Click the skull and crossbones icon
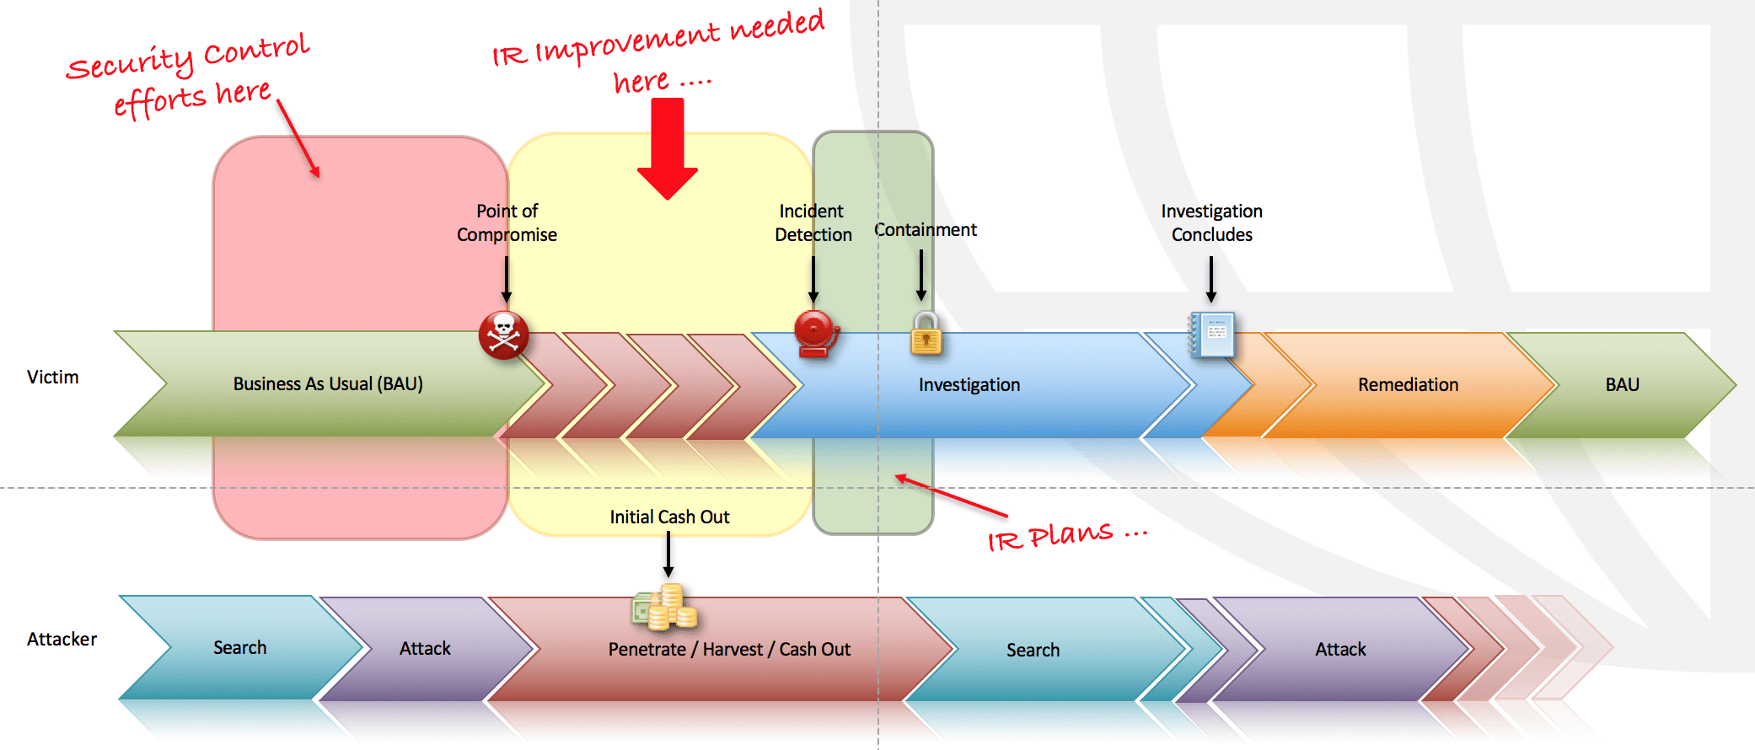tap(503, 335)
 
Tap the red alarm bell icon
tap(815, 334)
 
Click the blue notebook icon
tap(1212, 335)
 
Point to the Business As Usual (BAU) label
tap(328, 384)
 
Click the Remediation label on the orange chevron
tap(1408, 385)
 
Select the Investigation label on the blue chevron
tap(969, 385)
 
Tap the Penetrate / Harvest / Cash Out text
tap(729, 650)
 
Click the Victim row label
tap(52, 378)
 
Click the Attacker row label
tap(62, 640)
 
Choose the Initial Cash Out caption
tap(669, 517)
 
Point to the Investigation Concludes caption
tap(1211, 222)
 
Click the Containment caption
tap(925, 230)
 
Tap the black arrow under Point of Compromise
tap(507, 279)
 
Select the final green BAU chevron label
tap(1622, 385)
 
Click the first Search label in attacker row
tap(239, 648)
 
